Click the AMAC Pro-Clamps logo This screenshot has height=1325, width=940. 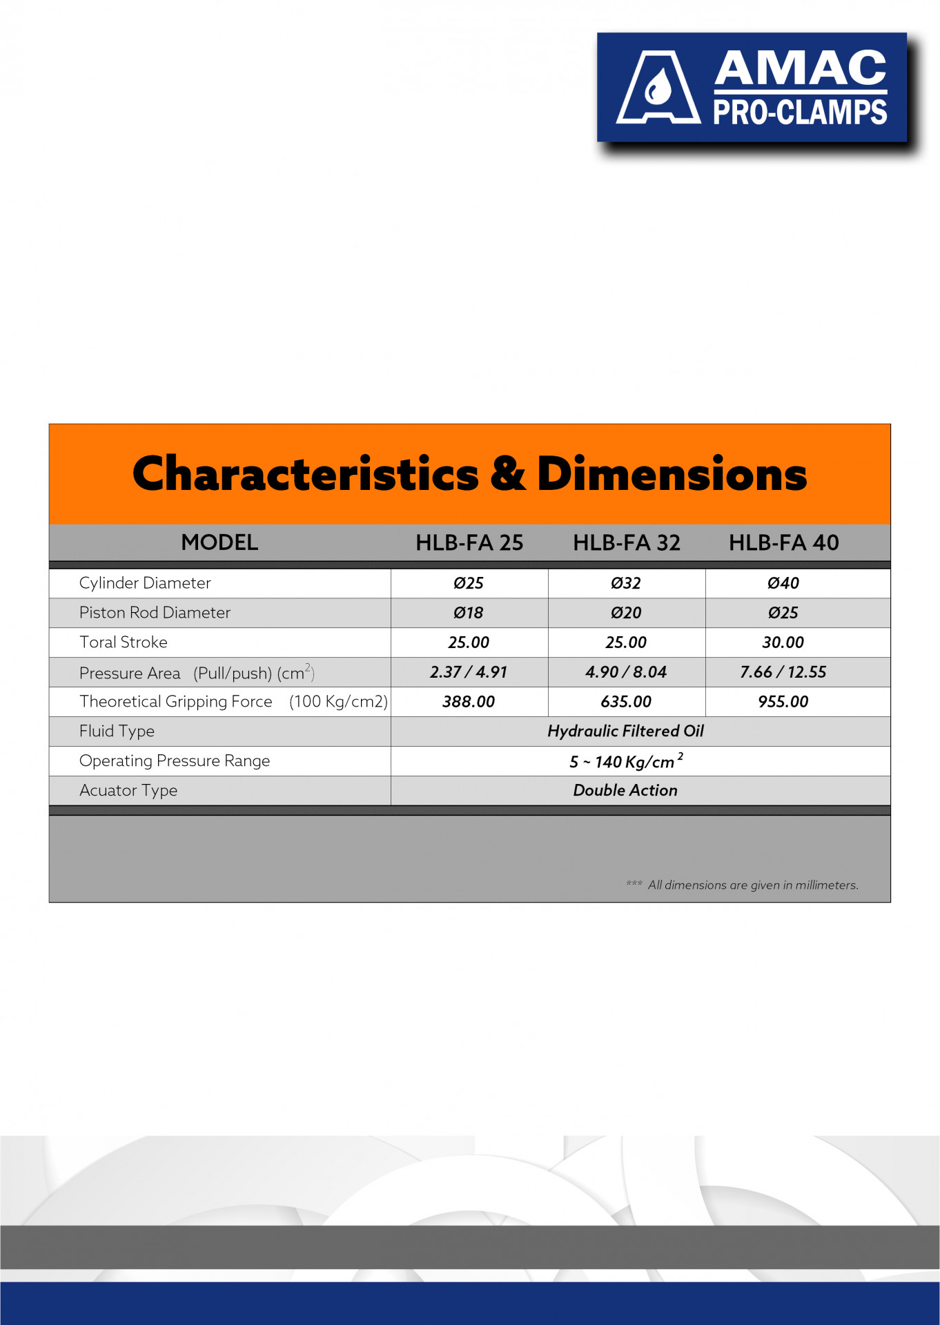pos(752,88)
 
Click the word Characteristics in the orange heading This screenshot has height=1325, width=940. pos(305,474)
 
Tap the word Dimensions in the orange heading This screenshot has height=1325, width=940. pos(672,474)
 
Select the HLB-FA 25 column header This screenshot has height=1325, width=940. pos(469,543)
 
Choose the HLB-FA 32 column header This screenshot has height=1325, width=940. pos(627,543)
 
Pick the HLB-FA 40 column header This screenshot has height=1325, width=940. pos(784,543)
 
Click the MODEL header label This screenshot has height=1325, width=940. pos(219,543)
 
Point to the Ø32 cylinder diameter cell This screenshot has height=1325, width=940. pos(626,583)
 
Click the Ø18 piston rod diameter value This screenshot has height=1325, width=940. pos(469,613)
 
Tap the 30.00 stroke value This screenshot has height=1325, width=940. pos(783,642)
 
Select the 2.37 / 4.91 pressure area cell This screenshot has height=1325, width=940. pos(469,672)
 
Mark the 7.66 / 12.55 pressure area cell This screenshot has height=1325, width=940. pos(783,672)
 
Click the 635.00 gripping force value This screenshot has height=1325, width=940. pos(626,702)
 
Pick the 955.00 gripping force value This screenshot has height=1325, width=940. pos(783,702)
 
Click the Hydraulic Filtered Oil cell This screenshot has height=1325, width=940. pos(626,732)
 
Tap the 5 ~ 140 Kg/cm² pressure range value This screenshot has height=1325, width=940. pos(626,761)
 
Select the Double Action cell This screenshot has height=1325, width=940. pos(626,791)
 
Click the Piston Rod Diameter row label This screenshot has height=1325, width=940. pos(155,613)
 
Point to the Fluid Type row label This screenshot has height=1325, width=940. pos(117,732)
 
